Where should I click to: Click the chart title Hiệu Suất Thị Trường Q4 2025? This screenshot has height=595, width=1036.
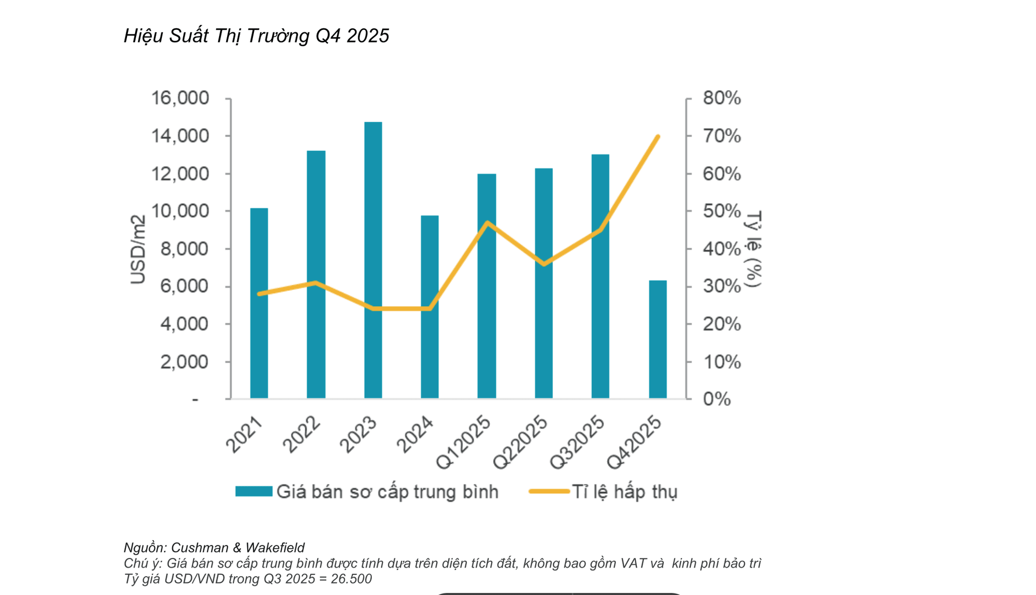coord(256,36)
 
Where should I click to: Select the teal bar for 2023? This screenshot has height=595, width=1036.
coord(373,260)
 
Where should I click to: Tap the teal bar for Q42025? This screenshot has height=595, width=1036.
coord(658,340)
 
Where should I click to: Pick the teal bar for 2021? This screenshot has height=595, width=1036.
coord(259,303)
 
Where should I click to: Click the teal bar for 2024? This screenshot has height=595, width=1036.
coord(430,307)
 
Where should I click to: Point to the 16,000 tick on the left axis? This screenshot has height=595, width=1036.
coord(180,98)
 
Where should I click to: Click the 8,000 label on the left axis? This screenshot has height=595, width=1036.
coord(184,249)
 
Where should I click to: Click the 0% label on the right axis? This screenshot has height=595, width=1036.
coord(717,399)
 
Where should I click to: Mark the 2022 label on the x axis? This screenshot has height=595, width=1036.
coord(302,435)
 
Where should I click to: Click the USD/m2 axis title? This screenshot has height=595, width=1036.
coord(138,249)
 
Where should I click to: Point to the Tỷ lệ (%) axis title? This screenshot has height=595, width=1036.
coord(753,249)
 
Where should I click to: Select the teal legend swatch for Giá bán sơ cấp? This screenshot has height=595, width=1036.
coord(254,491)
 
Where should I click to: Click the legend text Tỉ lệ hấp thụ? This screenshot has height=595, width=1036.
coord(625,492)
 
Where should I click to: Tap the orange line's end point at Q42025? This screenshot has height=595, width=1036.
coord(658,136)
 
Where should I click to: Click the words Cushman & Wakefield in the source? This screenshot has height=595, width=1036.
coord(238,548)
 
